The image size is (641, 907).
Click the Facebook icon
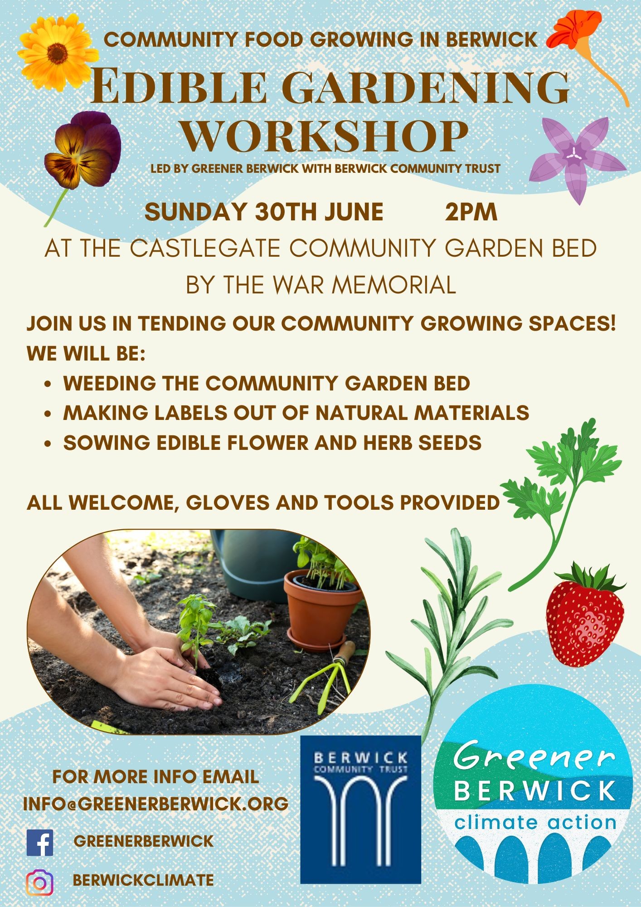40,843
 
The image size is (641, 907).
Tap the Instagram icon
40,882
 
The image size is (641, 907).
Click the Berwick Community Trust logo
361,809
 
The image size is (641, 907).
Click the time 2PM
471,212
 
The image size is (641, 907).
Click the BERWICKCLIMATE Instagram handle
143,880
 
